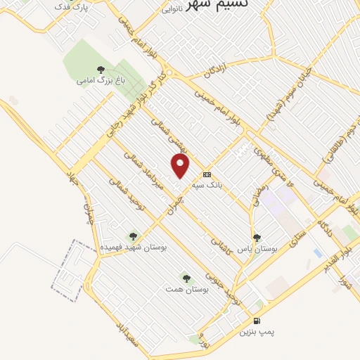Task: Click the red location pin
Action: [181, 166]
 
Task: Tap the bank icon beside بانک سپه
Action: [207, 174]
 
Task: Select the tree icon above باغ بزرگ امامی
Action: [101, 70]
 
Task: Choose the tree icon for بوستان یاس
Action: [257, 238]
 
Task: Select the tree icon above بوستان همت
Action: [186, 278]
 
